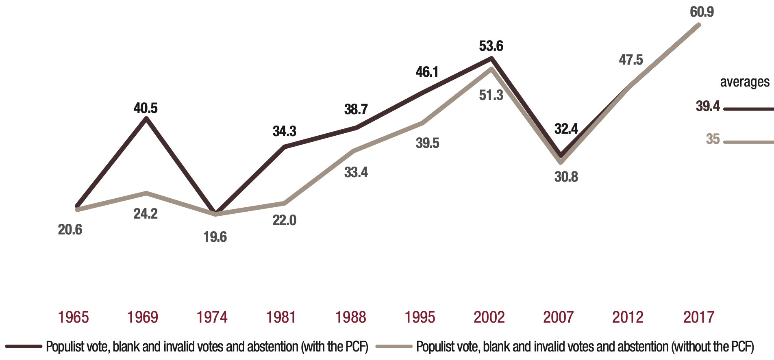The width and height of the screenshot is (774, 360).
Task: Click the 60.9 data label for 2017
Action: pos(702,12)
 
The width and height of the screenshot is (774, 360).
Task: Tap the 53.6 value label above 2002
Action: pos(491,46)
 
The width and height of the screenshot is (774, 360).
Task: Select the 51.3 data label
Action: pos(491,95)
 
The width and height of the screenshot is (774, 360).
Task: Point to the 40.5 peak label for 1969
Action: pos(146,108)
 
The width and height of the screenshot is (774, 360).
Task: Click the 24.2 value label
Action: pos(146,214)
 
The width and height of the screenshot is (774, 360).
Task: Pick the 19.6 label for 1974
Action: pos(215,237)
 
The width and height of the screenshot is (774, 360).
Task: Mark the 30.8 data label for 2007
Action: pos(566,177)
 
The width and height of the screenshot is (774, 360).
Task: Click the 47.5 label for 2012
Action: pos(631,60)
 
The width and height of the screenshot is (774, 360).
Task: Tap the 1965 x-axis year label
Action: pos(73,317)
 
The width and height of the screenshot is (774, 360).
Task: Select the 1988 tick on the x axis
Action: pos(350,317)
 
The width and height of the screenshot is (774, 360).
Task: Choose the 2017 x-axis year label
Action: pos(698,317)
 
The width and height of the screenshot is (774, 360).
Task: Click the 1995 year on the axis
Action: pos(420,317)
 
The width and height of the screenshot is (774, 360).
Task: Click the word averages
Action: pos(745,82)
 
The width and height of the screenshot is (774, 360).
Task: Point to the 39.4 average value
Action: pos(708,106)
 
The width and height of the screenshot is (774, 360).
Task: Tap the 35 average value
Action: pos(713,139)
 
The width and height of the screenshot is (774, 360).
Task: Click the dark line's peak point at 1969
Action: pos(146,118)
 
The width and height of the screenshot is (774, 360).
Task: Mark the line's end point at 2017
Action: pos(699,25)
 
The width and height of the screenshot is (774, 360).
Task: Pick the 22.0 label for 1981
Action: pos(285,221)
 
